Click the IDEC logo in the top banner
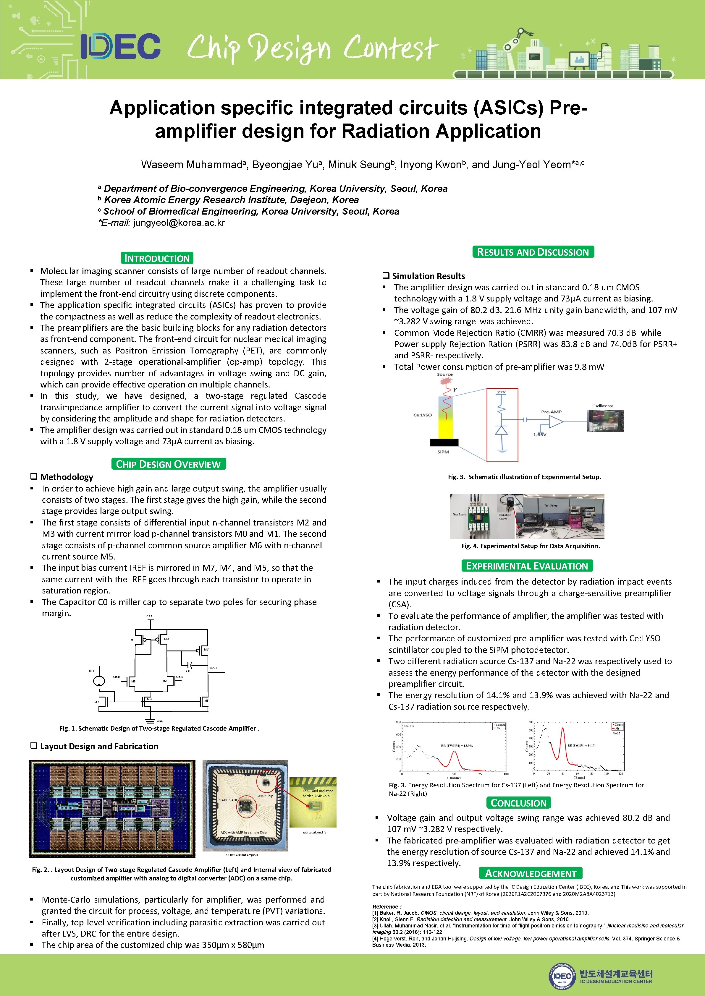pyautogui.click(x=120, y=46)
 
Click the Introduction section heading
pyautogui.click(x=157, y=258)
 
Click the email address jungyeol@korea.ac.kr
pyautogui.click(x=179, y=223)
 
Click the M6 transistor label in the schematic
pyautogui.click(x=206, y=649)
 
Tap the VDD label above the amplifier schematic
pyautogui.click(x=149, y=616)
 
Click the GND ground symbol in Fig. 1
pyautogui.click(x=151, y=720)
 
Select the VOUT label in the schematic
pyautogui.click(x=213, y=668)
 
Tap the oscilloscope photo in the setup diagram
pyautogui.click(x=605, y=420)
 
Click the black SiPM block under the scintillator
pyautogui.click(x=444, y=442)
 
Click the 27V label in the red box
pyautogui.click(x=502, y=392)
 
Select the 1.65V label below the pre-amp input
pyautogui.click(x=540, y=434)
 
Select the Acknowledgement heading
pyautogui.click(x=531, y=873)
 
